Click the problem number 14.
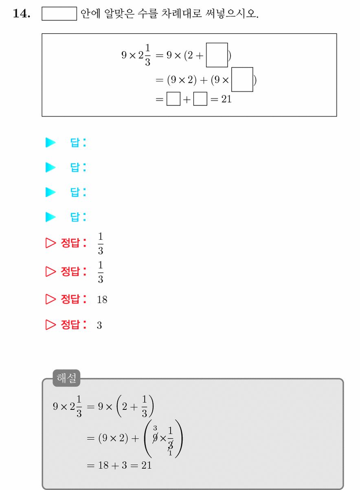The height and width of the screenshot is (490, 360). [x=22, y=13]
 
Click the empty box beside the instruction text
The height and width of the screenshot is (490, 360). [x=59, y=13]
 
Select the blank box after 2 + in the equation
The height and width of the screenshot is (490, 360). [x=217, y=55]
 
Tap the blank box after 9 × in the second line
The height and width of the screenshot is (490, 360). [x=242, y=79]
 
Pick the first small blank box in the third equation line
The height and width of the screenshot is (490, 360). [x=173, y=99]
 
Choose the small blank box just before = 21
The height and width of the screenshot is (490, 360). [x=200, y=99]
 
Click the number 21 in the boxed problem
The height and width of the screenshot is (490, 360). [x=226, y=99]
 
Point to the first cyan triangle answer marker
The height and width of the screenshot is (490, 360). [x=50, y=142]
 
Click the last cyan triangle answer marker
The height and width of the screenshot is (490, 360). [x=50, y=217]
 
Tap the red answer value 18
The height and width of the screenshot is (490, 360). [x=102, y=300]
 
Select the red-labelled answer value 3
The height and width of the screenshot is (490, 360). [x=99, y=325]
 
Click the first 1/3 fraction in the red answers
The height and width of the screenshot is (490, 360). [x=101, y=243]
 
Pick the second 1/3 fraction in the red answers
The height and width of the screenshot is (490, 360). [x=101, y=272]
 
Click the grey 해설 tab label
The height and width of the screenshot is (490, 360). [x=66, y=378]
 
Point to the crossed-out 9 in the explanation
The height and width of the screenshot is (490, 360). [x=155, y=438]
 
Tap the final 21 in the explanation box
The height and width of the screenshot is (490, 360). [x=147, y=465]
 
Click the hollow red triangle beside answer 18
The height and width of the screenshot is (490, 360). [x=50, y=299]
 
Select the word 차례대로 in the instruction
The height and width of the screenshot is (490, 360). [x=182, y=13]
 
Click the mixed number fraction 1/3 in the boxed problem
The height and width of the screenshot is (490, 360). [x=148, y=55]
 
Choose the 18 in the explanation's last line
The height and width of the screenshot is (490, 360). [x=103, y=465]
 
